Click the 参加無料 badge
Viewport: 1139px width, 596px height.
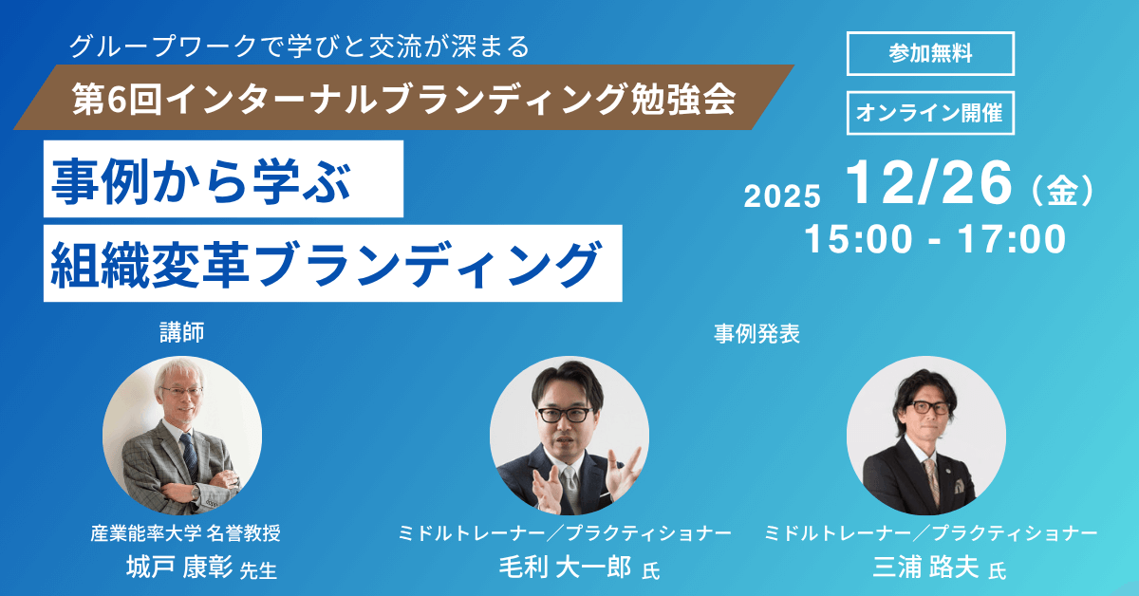coord(930,53)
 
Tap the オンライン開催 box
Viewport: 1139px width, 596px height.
coord(930,113)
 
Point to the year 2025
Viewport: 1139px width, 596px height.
coord(782,196)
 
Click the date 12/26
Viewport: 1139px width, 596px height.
coord(928,182)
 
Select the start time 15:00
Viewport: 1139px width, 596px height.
coord(858,239)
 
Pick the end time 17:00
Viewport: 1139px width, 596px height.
coord(1012,239)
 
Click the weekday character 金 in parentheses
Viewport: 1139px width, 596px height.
coord(1063,191)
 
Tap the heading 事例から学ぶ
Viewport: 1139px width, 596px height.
coord(201,181)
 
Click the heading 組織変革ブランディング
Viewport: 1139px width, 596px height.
coord(326,265)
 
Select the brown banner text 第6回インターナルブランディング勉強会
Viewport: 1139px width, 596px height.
coord(404,99)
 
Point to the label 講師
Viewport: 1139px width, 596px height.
coord(182,332)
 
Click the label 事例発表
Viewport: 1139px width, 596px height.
coord(756,334)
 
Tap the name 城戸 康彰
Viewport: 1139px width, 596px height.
coord(179,567)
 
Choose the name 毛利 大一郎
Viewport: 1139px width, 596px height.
coord(565,567)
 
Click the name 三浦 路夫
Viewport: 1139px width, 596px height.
coord(926,567)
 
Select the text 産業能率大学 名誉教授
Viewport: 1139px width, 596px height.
coord(186,533)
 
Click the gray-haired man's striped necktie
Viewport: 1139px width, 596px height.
coord(189,454)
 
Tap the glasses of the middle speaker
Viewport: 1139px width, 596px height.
coord(565,415)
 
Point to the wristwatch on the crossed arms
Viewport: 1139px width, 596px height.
coord(196,492)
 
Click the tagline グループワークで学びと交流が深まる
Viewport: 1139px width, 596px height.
coord(300,47)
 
